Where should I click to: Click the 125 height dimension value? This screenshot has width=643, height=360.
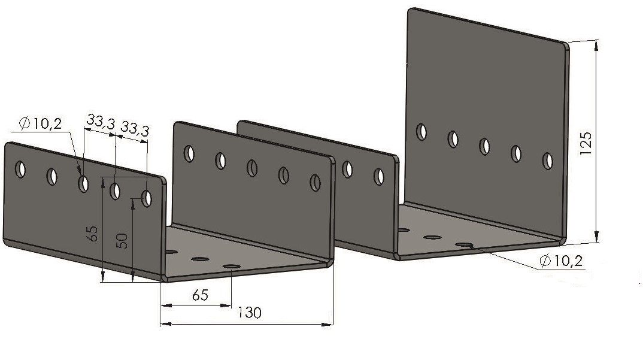[586, 143]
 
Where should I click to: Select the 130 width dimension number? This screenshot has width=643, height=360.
[249, 313]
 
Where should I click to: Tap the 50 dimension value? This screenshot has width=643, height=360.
[122, 241]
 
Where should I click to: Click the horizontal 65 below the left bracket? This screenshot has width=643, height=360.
[200, 295]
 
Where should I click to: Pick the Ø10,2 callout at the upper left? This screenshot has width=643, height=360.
[41, 123]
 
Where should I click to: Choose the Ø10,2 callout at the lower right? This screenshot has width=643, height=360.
[561, 261]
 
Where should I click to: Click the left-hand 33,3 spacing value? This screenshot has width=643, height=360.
[101, 122]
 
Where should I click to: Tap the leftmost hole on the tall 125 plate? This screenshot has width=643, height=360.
[421, 132]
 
